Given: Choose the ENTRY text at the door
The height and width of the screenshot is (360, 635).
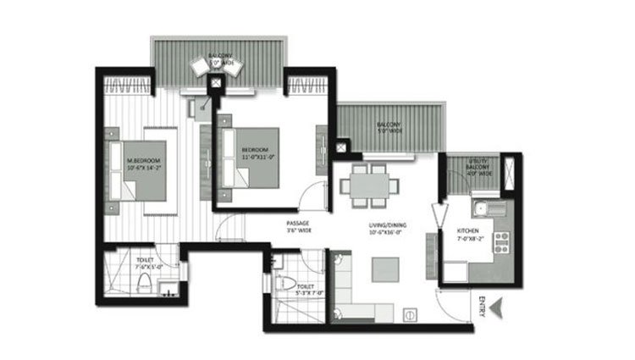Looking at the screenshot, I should [x=481, y=307].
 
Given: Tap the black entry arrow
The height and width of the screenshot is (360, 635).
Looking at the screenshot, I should [x=500, y=307].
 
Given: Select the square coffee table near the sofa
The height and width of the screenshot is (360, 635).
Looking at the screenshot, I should [x=379, y=269].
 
